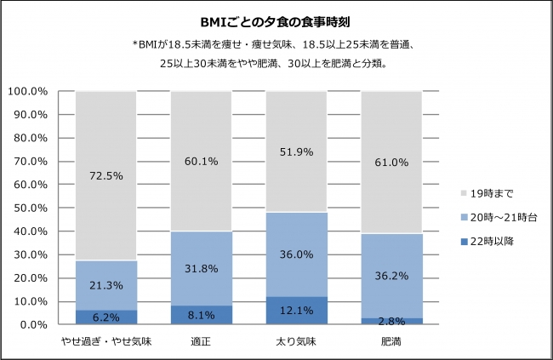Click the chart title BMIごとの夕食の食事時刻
pyautogui.click(x=277, y=21)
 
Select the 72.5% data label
pyautogui.click(x=105, y=176)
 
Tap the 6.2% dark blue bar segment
pyautogui.click(x=105, y=317)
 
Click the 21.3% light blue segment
pyautogui.click(x=105, y=285)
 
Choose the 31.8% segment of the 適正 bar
pyautogui.click(x=201, y=268)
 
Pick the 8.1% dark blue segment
pyautogui.click(x=201, y=315)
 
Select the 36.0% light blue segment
pyautogui.click(x=296, y=254)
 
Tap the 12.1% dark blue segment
pyautogui.click(x=296, y=311)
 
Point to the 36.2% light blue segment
pyautogui.click(x=391, y=276)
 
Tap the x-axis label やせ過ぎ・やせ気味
pyautogui.click(x=105, y=342)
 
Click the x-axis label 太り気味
pyautogui.click(x=296, y=342)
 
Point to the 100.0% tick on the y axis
pyautogui.click(x=27, y=91)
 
